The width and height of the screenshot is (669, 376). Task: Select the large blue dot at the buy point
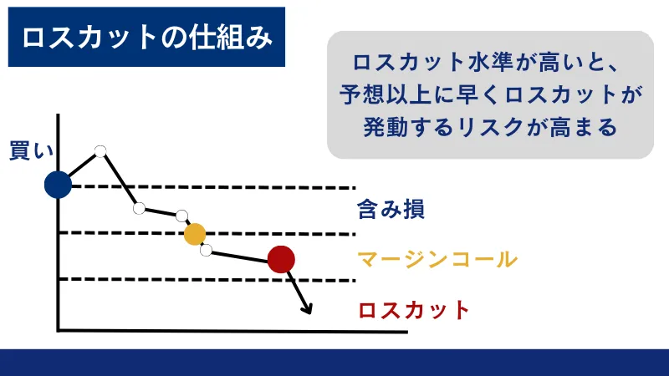58,185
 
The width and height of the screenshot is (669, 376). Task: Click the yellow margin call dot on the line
194,235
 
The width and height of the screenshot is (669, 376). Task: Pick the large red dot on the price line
282,260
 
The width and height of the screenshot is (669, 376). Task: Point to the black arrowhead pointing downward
307,310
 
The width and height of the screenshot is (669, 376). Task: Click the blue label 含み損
391,209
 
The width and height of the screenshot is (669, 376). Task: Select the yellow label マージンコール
437,259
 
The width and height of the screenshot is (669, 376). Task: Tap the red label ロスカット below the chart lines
414,310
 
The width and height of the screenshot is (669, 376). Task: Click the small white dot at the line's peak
100,151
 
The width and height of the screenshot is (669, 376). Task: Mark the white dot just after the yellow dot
206,249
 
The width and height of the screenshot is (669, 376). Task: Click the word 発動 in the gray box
386,128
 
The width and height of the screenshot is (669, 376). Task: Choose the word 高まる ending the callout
585,128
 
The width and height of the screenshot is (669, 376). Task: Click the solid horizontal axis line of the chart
234,331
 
